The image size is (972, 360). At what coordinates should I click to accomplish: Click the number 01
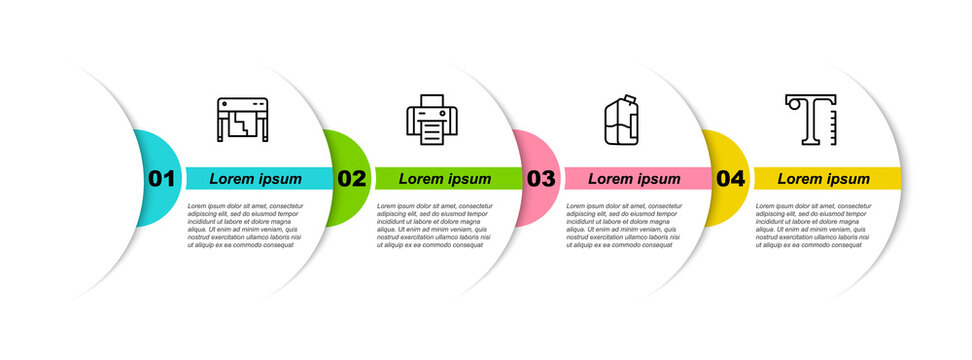[x=162, y=179]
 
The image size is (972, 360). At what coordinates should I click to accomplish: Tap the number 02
[x=352, y=179]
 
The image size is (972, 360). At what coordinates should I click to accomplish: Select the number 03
[x=541, y=179]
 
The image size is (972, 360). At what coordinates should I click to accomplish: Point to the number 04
[x=731, y=179]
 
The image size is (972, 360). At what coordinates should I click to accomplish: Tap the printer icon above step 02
[x=432, y=120]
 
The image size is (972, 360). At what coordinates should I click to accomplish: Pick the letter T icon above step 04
[x=811, y=119]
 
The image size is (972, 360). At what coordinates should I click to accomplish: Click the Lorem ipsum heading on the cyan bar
[x=256, y=179]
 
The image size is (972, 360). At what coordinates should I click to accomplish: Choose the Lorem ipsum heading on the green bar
[x=445, y=179]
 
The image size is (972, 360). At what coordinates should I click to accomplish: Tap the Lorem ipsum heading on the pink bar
[x=634, y=179]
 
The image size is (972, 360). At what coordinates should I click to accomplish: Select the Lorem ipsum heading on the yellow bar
[x=824, y=179]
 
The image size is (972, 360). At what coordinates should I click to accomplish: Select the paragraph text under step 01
[x=243, y=225]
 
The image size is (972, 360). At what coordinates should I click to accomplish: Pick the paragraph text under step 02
[x=433, y=225]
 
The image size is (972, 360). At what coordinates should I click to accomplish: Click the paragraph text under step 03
[x=622, y=225]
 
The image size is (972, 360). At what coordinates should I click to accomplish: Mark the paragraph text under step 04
[x=812, y=225]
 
